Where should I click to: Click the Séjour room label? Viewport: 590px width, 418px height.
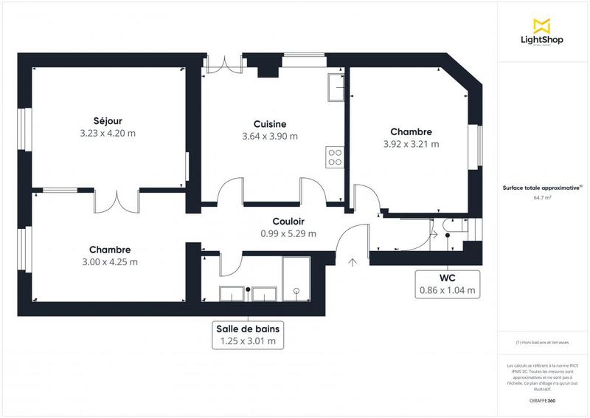(x=108, y=121)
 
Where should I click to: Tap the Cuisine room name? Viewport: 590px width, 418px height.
(x=270, y=124)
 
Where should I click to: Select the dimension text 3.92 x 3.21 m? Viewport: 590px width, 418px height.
(x=411, y=144)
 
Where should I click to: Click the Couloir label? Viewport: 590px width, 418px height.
(x=288, y=221)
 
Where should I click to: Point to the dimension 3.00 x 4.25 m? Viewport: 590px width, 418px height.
(x=109, y=261)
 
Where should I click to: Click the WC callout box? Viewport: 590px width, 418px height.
(x=448, y=284)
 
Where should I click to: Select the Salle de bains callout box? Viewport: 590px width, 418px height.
(x=247, y=334)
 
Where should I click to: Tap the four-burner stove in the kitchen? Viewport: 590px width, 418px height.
(x=334, y=157)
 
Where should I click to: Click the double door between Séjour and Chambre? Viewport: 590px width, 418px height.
(x=117, y=201)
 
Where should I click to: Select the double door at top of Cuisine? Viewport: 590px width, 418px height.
(x=223, y=64)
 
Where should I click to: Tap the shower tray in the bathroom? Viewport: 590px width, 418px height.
(x=296, y=281)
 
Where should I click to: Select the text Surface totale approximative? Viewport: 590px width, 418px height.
(x=541, y=189)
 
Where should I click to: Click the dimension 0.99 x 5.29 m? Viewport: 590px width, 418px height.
(x=288, y=233)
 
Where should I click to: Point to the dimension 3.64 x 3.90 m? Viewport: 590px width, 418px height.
(x=270, y=136)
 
